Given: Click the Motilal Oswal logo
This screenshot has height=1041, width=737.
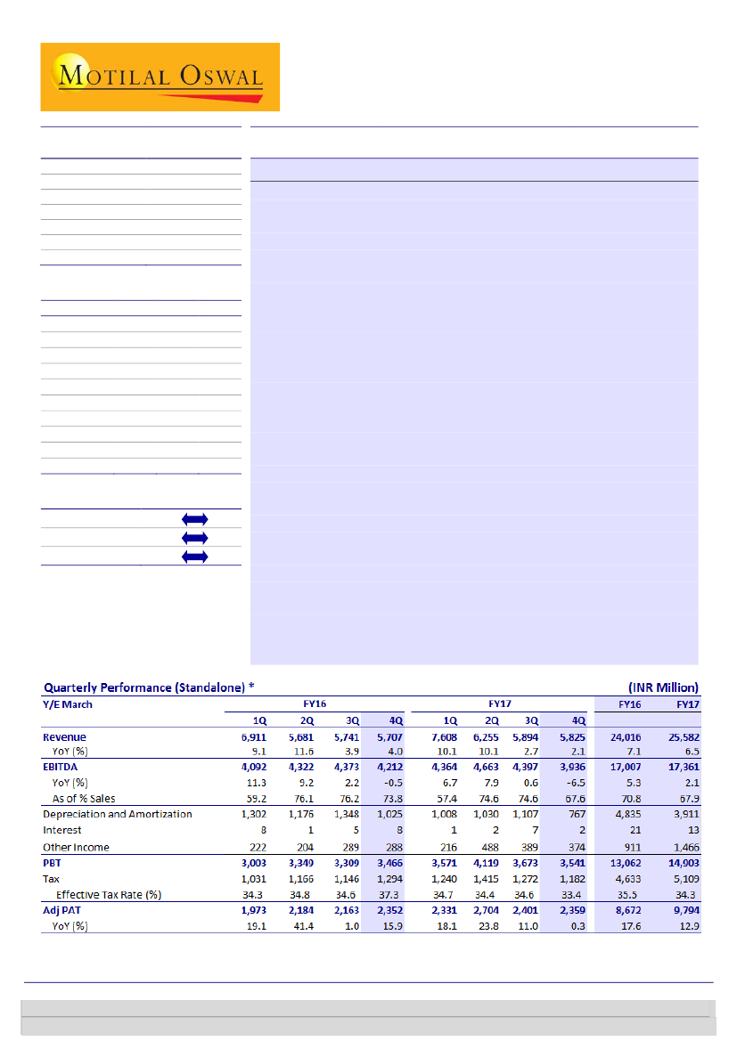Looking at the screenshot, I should [160, 77].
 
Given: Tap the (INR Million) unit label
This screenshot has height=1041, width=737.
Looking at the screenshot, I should [661, 687].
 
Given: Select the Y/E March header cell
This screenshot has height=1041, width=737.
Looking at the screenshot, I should [68, 704].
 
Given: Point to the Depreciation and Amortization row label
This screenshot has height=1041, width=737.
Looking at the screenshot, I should [118, 814].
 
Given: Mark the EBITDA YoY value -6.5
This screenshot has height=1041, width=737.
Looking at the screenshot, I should [573, 783].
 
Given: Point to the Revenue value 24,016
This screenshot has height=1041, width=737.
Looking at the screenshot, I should [627, 737].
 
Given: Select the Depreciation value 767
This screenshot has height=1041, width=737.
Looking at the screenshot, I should [575, 814].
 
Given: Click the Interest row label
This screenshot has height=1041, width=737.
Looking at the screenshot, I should [62, 830].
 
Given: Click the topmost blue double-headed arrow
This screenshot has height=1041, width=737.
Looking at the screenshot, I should [194, 519].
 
